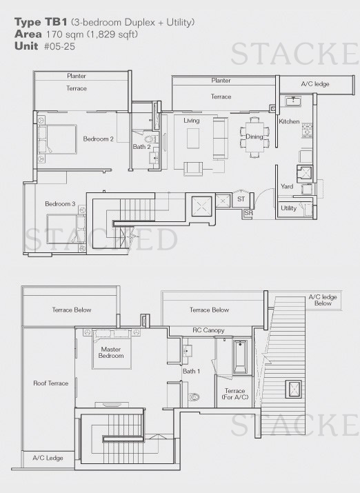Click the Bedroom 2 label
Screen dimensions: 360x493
[x=98, y=139]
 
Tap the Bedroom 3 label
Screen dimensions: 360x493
[x=60, y=203]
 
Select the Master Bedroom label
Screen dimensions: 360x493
[x=111, y=352]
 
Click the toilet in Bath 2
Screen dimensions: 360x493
[x=150, y=139]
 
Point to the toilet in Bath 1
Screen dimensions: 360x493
[x=194, y=396]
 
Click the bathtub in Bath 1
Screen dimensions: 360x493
[x=240, y=357]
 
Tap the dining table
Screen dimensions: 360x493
[x=254, y=137]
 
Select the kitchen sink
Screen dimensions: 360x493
[x=293, y=101]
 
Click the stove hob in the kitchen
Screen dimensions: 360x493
[x=307, y=130]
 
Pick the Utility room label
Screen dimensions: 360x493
[x=289, y=208]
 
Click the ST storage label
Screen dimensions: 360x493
[x=241, y=199]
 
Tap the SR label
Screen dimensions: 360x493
[x=248, y=213]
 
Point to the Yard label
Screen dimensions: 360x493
[x=287, y=186]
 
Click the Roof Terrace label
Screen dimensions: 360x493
[x=50, y=383]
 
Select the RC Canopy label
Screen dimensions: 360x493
[x=208, y=330]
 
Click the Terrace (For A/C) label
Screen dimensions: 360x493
[x=235, y=394]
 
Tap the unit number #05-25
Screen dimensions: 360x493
[x=59, y=46]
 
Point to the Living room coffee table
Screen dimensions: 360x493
[x=193, y=139]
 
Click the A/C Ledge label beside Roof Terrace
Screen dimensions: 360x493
[x=48, y=458]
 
